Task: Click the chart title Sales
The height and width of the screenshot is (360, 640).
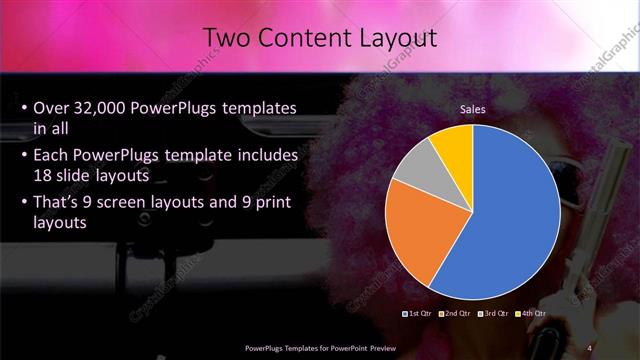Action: [473, 109]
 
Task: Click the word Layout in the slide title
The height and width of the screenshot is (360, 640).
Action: [395, 38]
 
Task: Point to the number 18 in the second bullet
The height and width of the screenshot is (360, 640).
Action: [44, 176]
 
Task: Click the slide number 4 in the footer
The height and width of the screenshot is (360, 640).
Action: [589, 348]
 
